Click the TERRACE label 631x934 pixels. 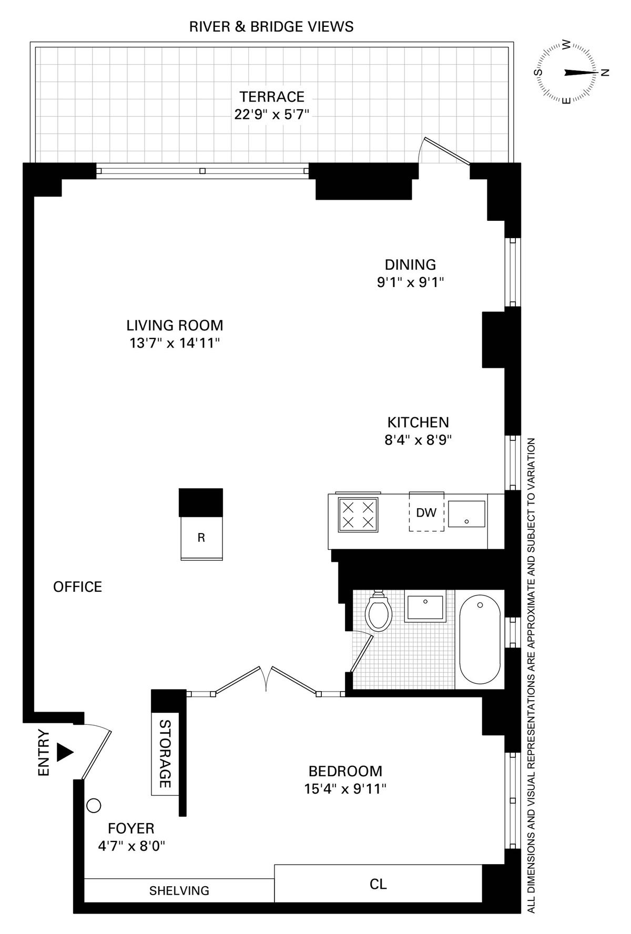pyautogui.click(x=272, y=97)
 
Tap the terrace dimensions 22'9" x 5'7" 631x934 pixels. pyautogui.click(x=272, y=114)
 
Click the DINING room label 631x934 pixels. pyautogui.click(x=410, y=264)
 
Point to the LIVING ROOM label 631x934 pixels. pyautogui.click(x=175, y=325)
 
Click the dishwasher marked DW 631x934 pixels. pyautogui.click(x=426, y=512)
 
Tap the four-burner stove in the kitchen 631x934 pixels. pyautogui.click(x=358, y=515)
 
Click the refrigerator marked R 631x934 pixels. pyautogui.click(x=201, y=538)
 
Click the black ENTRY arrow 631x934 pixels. pyautogui.click(x=65, y=752)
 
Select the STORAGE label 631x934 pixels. pyautogui.click(x=165, y=754)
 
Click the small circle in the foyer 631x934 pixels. pyautogui.click(x=94, y=805)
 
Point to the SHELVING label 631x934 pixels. pyautogui.click(x=179, y=890)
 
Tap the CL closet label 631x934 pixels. pyautogui.click(x=378, y=884)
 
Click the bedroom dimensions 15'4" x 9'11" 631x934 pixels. pyautogui.click(x=345, y=789)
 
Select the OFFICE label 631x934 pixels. pyautogui.click(x=78, y=587)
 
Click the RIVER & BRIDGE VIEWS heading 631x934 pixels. pyautogui.click(x=271, y=27)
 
